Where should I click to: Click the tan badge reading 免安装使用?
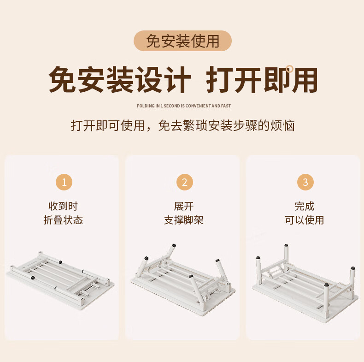182,41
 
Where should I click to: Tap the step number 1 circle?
64,182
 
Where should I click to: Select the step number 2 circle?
185,182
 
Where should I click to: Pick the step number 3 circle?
305,182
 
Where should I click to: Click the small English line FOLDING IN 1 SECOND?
184,106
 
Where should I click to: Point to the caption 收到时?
63,206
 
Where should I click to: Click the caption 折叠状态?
63,220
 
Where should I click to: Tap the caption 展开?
184,206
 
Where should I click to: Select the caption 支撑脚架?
184,220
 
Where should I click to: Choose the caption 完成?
305,206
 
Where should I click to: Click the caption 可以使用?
305,220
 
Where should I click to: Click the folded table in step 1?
60,280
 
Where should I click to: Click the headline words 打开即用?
262,80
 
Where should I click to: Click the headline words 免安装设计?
120,80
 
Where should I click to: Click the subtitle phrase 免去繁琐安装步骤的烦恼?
226,126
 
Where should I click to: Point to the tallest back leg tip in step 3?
286,245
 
